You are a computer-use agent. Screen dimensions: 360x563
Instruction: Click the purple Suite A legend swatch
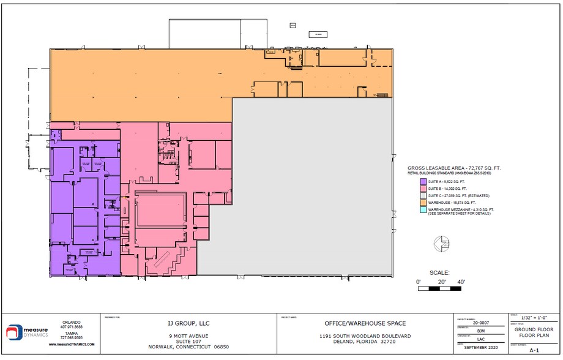[x=422, y=181]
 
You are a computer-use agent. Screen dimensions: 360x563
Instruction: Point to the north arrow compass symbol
[x=440, y=245]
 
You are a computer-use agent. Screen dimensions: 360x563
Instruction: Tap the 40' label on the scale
[x=461, y=282]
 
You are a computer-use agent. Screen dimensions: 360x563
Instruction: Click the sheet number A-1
[x=534, y=350]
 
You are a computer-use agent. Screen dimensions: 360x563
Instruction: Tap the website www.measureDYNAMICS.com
[x=72, y=345]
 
